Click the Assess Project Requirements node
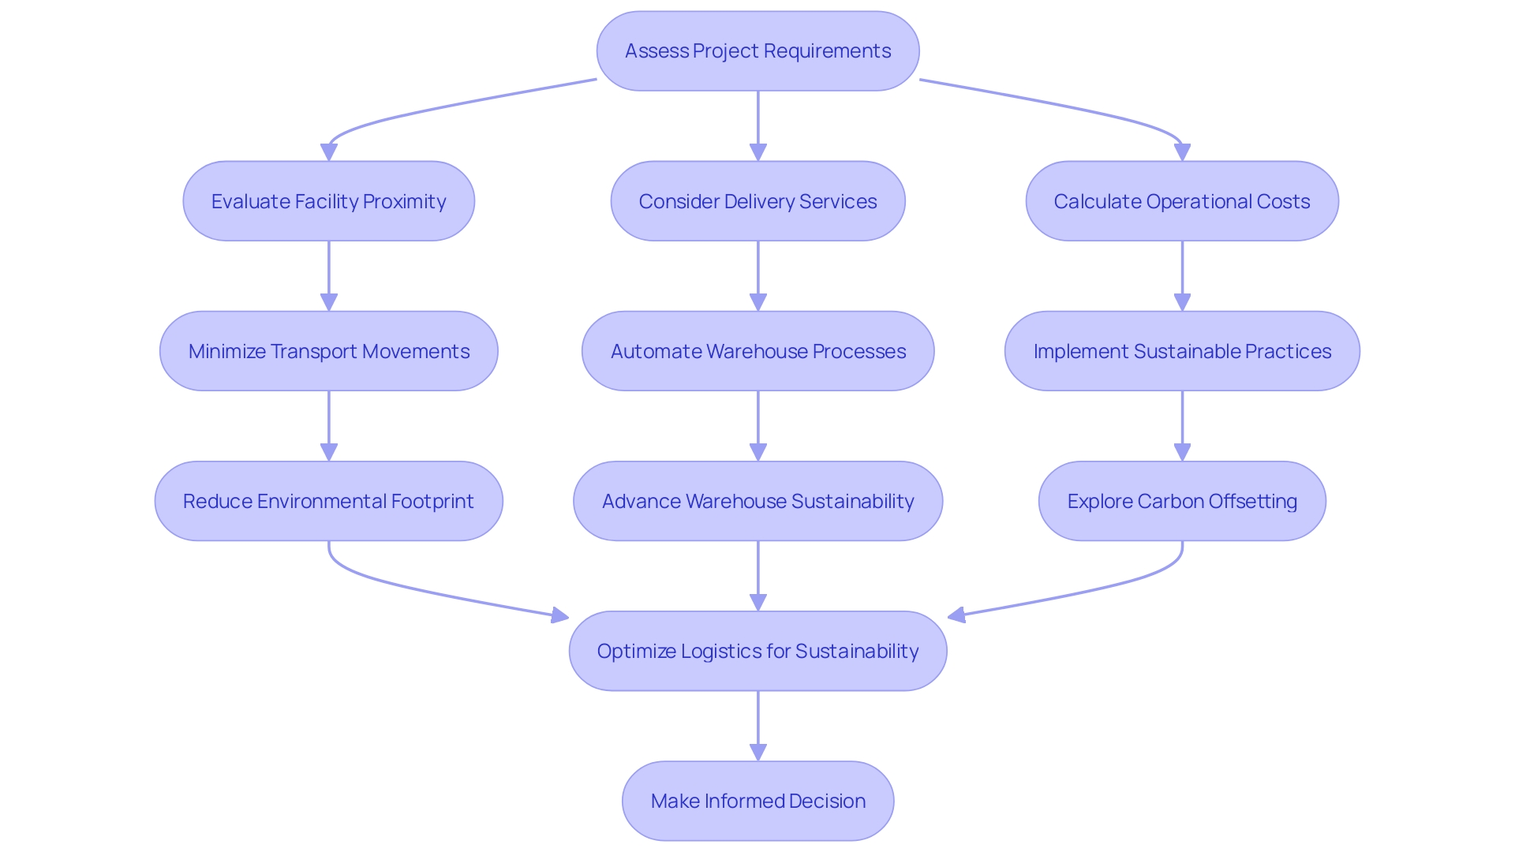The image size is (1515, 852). (x=757, y=51)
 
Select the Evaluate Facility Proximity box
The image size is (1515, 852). (x=328, y=201)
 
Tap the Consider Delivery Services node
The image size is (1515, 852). (x=757, y=201)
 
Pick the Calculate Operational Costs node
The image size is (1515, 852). (x=1181, y=201)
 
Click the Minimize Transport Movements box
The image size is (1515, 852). (x=328, y=351)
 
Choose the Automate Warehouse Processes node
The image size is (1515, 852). (x=757, y=351)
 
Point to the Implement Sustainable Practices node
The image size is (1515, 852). (x=1181, y=351)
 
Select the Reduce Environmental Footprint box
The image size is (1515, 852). (x=328, y=501)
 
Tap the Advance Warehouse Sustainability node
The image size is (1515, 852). (x=757, y=501)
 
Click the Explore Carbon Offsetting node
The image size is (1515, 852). (x=1181, y=501)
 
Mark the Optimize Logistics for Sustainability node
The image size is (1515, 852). (x=757, y=651)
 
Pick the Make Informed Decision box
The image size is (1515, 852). (x=757, y=801)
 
